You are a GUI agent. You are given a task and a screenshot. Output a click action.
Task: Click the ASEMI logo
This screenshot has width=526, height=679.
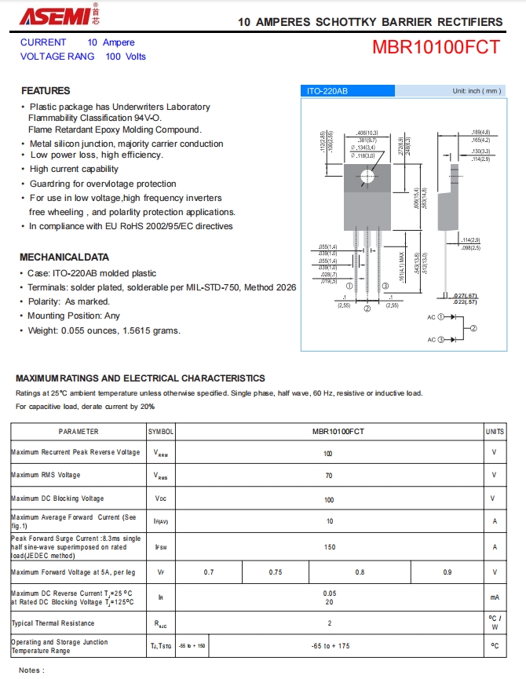click(x=46, y=16)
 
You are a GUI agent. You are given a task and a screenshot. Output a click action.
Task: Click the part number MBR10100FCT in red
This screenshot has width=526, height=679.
click(x=436, y=47)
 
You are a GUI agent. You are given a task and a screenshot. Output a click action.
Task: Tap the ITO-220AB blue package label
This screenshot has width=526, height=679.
click(x=328, y=91)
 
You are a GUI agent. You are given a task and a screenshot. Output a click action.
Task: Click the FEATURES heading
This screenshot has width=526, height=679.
click(x=46, y=90)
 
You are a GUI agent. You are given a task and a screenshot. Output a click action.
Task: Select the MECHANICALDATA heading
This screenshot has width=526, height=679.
click(x=64, y=257)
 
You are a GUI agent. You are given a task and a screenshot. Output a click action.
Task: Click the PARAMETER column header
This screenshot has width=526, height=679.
click(x=79, y=432)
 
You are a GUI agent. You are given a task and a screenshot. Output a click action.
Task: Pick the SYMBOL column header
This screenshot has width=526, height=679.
click(x=161, y=432)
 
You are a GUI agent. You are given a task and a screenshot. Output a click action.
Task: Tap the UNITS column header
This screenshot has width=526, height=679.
click(x=495, y=432)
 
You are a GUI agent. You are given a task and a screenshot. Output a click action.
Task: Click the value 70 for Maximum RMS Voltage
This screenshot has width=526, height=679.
click(x=328, y=476)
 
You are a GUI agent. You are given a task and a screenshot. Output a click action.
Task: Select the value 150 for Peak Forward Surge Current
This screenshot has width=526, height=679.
click(x=328, y=547)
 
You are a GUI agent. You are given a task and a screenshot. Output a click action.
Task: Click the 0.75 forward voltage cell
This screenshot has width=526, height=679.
click(x=276, y=572)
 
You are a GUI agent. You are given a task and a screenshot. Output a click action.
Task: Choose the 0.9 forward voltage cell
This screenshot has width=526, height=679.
click(x=447, y=572)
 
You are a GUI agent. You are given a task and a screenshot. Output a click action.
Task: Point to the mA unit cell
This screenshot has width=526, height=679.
click(x=495, y=597)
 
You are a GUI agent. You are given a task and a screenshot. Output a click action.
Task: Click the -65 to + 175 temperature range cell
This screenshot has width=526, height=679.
click(x=332, y=645)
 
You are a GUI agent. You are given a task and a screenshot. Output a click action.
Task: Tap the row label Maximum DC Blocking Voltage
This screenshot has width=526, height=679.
click(x=57, y=499)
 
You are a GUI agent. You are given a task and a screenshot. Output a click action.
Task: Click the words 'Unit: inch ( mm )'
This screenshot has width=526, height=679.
click(x=476, y=91)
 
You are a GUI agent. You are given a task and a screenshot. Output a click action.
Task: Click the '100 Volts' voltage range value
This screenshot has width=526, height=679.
click(x=126, y=57)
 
